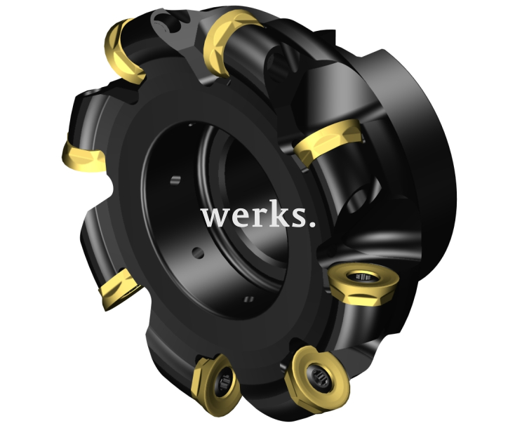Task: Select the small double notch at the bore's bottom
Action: coord(246,300)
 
